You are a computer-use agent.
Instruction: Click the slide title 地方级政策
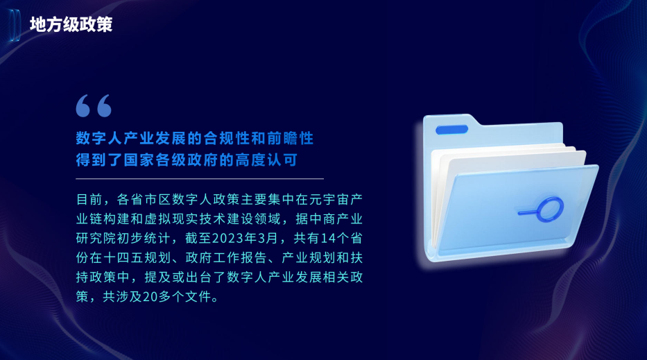[x=71, y=24]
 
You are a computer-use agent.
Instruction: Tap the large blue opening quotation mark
[x=94, y=105]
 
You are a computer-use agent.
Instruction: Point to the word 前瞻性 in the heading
[x=290, y=138]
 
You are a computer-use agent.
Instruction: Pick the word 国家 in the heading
[x=139, y=160]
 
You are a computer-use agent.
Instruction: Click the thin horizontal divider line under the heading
[x=200, y=179]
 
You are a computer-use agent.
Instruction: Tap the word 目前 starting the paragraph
[x=89, y=199]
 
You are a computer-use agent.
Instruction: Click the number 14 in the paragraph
[x=329, y=238]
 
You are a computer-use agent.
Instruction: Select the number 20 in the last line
[x=150, y=296]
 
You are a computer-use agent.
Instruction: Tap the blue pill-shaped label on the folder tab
[x=452, y=130]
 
